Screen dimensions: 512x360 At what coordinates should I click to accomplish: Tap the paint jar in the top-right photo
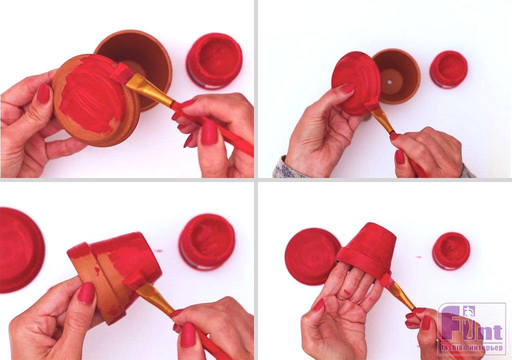(x=448, y=69)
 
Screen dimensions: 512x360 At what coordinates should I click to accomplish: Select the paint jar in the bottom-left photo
(x=206, y=241)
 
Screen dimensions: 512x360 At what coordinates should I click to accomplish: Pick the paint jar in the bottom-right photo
(x=451, y=251)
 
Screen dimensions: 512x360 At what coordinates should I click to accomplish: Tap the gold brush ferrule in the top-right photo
(x=382, y=120)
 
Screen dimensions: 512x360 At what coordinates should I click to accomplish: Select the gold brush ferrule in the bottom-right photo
(x=401, y=296)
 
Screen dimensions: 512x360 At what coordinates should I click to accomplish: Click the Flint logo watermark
(x=471, y=329)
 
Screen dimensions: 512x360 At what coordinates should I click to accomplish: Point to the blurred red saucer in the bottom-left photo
(x=20, y=249)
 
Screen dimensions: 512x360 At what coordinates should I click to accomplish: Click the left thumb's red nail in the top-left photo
(x=43, y=94)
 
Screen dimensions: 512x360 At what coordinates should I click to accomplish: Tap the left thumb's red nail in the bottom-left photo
(x=87, y=293)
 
